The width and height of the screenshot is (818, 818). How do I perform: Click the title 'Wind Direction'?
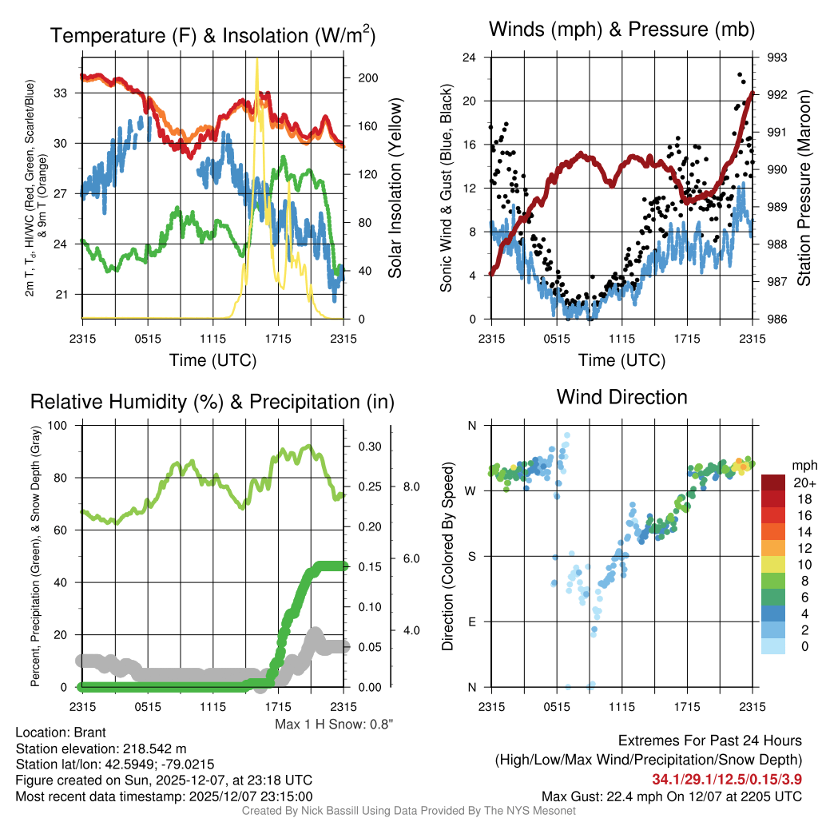pos(621,397)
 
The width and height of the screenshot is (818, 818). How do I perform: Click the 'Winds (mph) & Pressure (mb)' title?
pos(622,30)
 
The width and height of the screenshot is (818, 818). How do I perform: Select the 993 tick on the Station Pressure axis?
pos(777,58)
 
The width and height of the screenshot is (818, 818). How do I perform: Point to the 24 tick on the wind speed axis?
pos(470,58)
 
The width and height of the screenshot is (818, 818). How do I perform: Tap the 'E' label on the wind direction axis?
pos(471,621)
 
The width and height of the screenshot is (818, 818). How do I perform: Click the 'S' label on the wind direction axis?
pos(471,556)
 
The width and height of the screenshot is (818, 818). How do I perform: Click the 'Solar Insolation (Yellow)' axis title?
pos(395,189)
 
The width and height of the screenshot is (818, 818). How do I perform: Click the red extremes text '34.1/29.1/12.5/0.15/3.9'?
pos(727,779)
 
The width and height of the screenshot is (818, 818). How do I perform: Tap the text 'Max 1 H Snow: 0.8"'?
pos(334,725)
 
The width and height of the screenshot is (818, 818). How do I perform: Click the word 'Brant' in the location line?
pos(89,733)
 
